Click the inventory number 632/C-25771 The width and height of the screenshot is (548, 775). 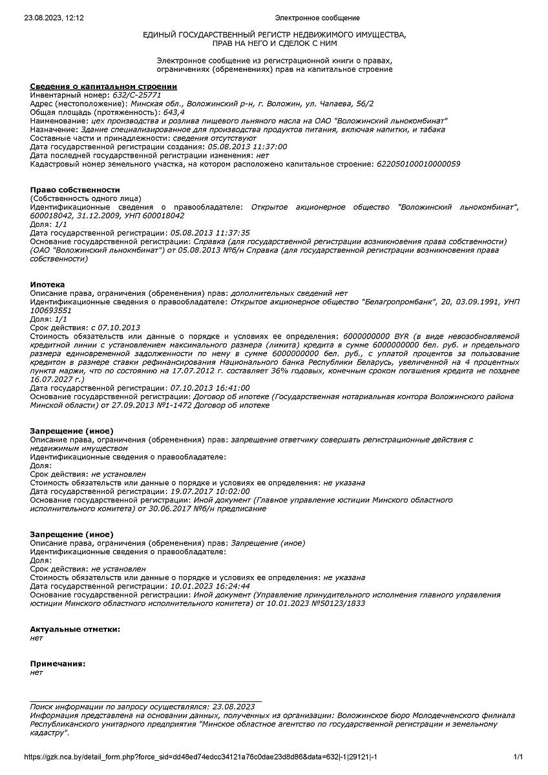point(137,95)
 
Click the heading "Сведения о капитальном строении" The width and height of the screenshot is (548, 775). point(103,87)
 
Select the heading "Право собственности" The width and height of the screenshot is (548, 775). point(75,190)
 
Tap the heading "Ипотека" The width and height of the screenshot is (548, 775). point(47,284)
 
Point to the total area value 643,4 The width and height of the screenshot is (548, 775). point(174,112)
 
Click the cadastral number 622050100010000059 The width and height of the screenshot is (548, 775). point(418,164)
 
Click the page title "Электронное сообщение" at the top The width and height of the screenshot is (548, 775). point(317,18)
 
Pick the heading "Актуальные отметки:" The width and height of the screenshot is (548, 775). point(75,629)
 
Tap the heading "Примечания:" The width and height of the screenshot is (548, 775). point(58,664)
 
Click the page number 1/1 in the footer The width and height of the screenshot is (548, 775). point(518,757)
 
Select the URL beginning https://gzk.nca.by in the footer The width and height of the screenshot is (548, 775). point(200,757)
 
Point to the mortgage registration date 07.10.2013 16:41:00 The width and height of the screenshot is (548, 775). point(209,388)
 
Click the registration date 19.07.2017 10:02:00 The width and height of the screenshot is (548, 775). point(209,491)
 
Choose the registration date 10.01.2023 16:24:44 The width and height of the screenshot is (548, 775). point(209,586)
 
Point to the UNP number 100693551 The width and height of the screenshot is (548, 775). point(51,310)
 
